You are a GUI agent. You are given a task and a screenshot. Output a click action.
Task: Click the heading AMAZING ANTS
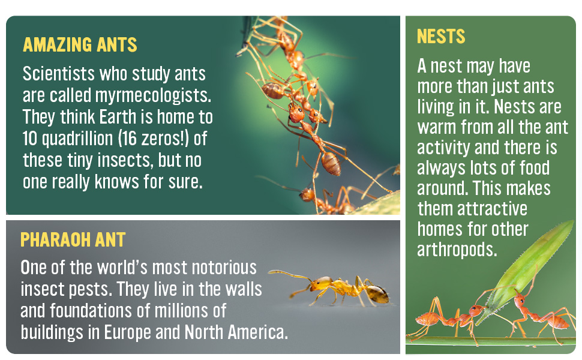[x=80, y=45]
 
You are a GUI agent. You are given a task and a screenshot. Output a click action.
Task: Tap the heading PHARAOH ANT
[x=73, y=240]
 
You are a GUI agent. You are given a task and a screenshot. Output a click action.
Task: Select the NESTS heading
[x=441, y=37]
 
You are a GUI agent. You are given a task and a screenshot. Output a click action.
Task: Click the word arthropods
[x=458, y=250]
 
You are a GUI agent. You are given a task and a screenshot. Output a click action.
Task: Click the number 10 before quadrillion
[x=31, y=139]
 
